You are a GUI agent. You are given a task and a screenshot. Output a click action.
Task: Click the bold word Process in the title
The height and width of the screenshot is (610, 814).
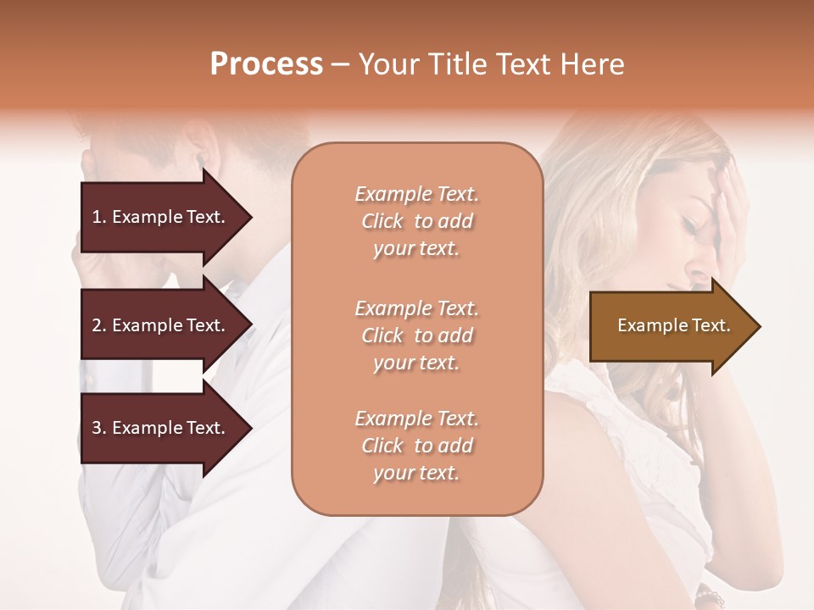pyautogui.click(x=266, y=64)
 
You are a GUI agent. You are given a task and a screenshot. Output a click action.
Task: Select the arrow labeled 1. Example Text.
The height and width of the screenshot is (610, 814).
pyautogui.click(x=161, y=217)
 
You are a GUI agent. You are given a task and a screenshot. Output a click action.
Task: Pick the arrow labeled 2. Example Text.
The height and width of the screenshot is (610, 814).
pyautogui.click(x=161, y=325)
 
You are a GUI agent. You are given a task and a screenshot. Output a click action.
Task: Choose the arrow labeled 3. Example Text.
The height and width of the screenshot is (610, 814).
pyautogui.click(x=161, y=428)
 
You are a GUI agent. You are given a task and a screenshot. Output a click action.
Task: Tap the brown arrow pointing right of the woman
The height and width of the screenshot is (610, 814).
pyautogui.click(x=670, y=325)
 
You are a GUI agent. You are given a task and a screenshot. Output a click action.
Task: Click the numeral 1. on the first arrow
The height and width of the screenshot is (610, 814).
pyautogui.click(x=99, y=217)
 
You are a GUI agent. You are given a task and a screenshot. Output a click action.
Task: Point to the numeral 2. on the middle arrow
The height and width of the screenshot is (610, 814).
pyautogui.click(x=99, y=325)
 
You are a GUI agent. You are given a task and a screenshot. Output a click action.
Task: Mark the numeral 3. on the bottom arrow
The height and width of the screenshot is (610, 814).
pyautogui.click(x=99, y=428)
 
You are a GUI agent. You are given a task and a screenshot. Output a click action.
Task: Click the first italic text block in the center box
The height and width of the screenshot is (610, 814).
pyautogui.click(x=416, y=221)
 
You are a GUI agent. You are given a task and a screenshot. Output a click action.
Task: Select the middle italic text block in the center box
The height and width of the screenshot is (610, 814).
pyautogui.click(x=416, y=335)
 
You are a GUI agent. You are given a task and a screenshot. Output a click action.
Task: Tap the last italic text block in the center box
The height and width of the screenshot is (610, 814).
pyautogui.click(x=416, y=446)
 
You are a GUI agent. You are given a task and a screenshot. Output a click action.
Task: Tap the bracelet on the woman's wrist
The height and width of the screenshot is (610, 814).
pyautogui.click(x=709, y=598)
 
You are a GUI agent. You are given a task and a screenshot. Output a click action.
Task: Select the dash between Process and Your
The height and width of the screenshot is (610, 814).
pyautogui.click(x=340, y=65)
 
